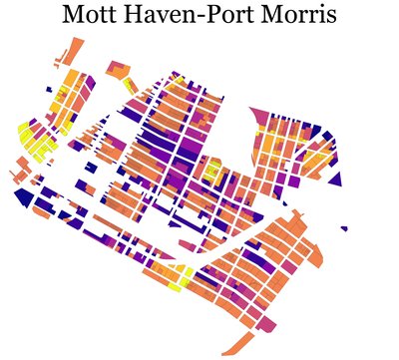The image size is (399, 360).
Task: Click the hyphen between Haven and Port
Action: [x=202, y=18]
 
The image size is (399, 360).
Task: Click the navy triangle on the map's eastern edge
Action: [x=335, y=180]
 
